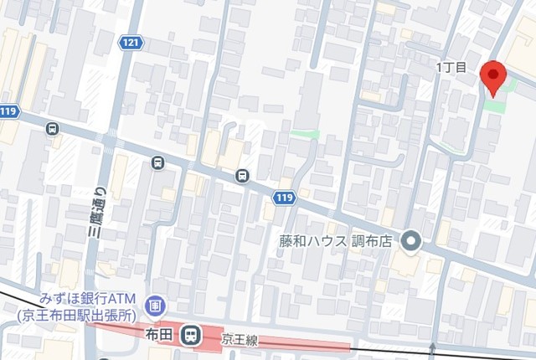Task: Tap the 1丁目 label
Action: pos(456,67)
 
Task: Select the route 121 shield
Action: pos(130,42)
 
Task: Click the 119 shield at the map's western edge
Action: pos(9,111)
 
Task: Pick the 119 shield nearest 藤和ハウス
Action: pos(283,197)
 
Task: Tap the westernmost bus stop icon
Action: pos(53,129)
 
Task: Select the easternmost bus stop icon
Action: pos(242,175)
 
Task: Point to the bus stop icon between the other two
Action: pos(157,163)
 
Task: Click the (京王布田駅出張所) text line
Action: pos(76,315)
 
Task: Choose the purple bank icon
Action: pos(154,307)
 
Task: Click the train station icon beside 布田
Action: pos(192,336)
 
